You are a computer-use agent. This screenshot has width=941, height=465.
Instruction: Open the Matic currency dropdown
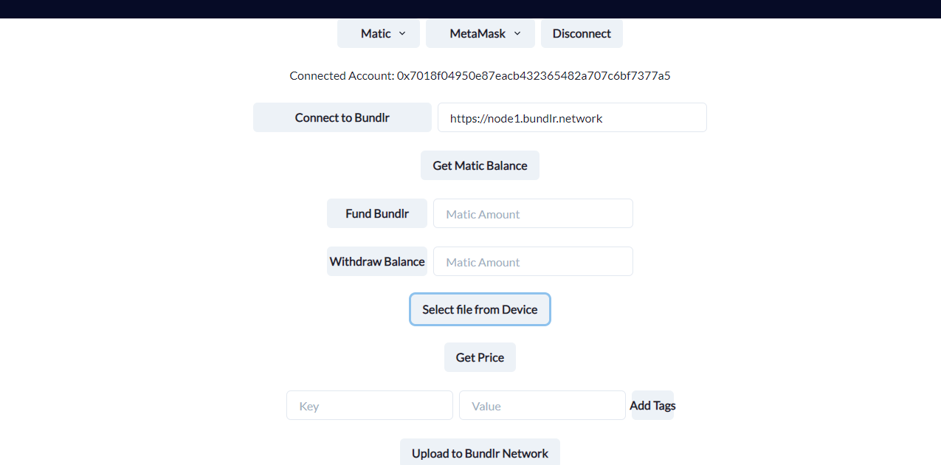click(378, 33)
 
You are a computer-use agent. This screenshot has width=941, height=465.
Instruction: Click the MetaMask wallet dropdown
click(480, 33)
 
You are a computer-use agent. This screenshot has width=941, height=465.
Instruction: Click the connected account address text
click(534, 75)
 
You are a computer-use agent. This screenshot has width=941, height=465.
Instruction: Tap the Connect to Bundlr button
click(342, 117)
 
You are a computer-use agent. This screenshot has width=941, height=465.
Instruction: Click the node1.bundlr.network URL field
click(572, 118)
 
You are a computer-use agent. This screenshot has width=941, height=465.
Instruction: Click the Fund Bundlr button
click(376, 213)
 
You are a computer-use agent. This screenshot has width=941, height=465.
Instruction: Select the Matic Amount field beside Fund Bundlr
click(533, 214)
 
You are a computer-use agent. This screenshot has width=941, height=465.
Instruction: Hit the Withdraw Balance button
click(376, 261)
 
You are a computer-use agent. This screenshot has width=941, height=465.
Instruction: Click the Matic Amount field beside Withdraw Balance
click(533, 262)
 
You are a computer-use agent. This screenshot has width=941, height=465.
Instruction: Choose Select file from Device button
click(480, 309)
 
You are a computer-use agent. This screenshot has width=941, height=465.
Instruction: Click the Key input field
click(369, 406)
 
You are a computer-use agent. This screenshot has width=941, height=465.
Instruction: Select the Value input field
click(542, 406)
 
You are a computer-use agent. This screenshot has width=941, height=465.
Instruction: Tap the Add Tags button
click(652, 405)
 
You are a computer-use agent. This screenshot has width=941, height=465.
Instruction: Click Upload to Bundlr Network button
click(480, 452)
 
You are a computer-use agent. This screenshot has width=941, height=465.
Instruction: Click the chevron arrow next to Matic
click(402, 33)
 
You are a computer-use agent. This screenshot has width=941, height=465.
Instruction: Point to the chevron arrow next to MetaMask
click(517, 33)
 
